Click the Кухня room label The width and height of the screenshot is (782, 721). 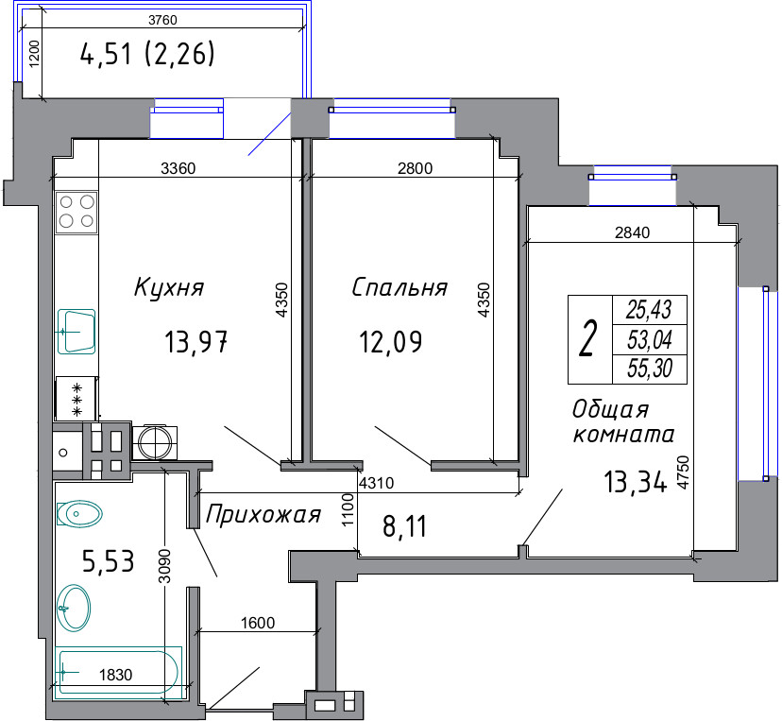point(169,288)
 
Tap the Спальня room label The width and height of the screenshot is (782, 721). point(399,288)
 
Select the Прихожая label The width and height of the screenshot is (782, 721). point(263,515)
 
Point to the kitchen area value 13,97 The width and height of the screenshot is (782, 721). point(196,342)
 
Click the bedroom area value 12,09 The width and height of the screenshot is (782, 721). point(390,342)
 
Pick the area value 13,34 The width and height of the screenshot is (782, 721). point(635,482)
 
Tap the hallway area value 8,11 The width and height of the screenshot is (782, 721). point(404,526)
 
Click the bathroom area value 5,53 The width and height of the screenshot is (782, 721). point(109,561)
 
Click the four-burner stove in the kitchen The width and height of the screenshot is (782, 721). point(76,212)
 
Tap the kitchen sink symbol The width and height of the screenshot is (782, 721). point(76,332)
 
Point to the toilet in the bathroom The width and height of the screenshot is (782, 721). point(79,513)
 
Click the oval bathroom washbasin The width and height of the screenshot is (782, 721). point(74,609)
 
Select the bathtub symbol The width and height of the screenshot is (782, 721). point(118,673)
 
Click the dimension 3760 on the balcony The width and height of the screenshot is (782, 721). point(162,20)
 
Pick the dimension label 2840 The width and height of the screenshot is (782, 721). point(633,232)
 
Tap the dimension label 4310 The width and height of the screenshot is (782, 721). point(377,483)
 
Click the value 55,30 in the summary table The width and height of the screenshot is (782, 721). point(650,369)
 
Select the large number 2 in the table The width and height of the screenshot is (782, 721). point(588,339)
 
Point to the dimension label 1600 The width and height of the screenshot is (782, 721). point(258,623)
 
